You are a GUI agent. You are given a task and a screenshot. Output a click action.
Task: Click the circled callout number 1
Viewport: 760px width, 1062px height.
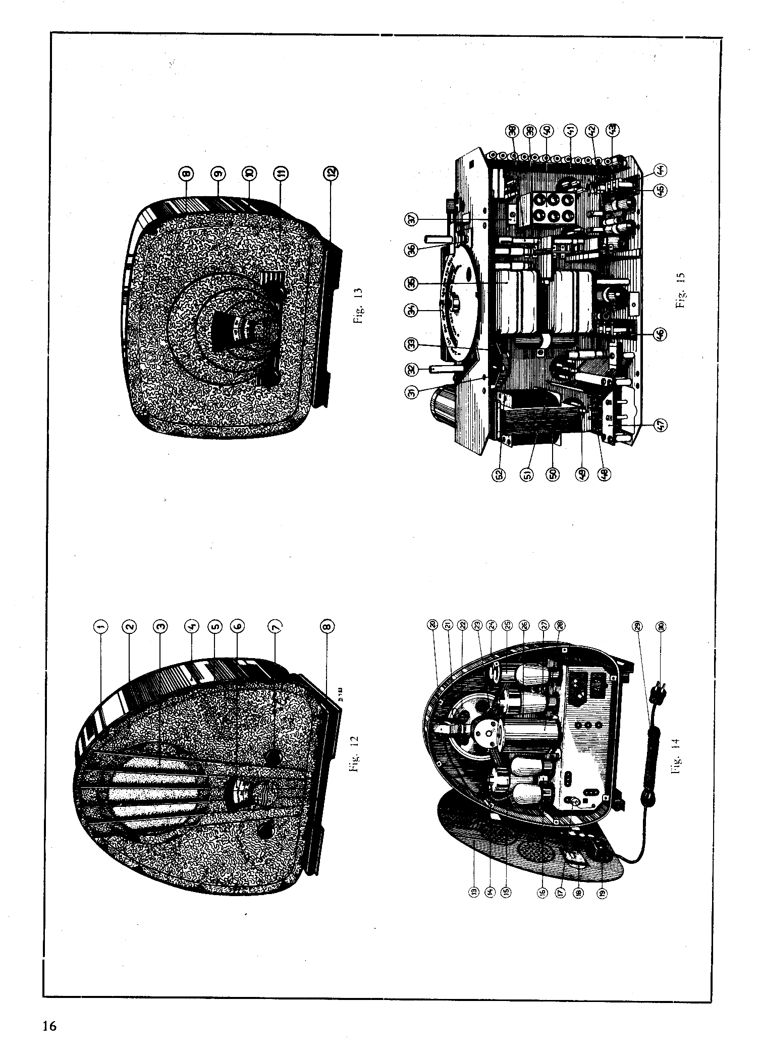click(100, 626)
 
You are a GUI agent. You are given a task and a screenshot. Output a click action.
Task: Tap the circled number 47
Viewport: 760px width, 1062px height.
click(662, 425)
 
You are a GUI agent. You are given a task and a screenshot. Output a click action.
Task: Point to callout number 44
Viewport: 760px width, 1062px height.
click(661, 170)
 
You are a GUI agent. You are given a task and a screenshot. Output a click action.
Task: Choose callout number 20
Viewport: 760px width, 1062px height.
click(432, 625)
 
